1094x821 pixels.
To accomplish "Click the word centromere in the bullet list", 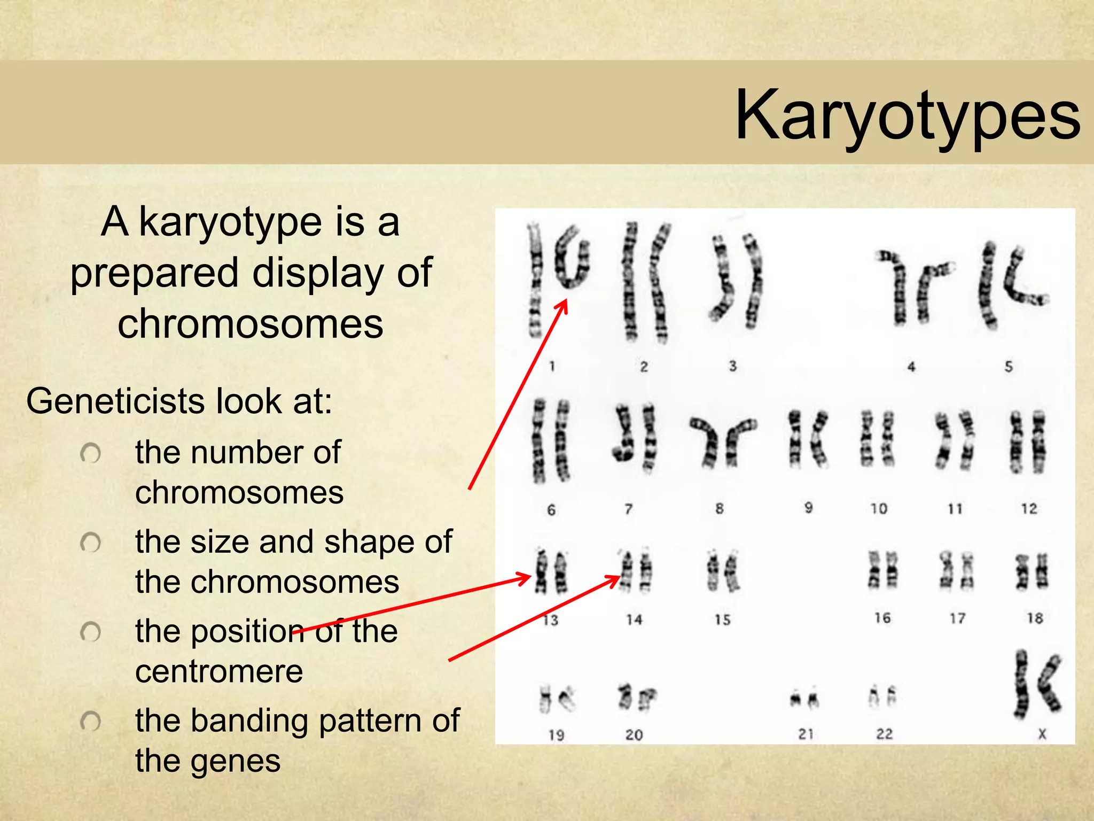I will tap(219, 671).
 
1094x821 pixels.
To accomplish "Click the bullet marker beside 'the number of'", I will tap(90, 454).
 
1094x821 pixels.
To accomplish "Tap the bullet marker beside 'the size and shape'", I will tap(90, 543).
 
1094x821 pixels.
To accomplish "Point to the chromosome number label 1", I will tap(552, 367).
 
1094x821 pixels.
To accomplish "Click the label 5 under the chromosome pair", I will tap(1009, 367).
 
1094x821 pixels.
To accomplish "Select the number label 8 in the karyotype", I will tap(720, 508).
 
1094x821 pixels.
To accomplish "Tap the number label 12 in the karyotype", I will tap(1029, 509).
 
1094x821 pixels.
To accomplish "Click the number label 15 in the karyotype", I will tap(722, 620).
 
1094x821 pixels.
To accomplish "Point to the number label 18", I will tap(1035, 618).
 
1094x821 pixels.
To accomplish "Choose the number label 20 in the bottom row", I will tap(634, 735).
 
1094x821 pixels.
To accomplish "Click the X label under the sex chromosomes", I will tap(1042, 734).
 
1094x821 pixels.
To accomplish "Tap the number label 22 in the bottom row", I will tap(884, 734).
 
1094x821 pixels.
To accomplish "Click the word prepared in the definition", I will tap(154, 273).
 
